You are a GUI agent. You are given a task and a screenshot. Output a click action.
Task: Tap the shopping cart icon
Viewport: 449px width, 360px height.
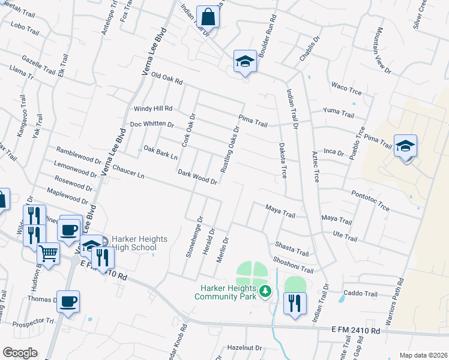[49, 253]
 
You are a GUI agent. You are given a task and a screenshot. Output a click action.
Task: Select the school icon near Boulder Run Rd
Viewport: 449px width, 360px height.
[245, 61]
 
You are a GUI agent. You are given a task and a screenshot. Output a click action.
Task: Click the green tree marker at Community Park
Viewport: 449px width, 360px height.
[265, 292]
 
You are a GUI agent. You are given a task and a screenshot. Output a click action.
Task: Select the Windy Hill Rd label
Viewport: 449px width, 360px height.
[153, 109]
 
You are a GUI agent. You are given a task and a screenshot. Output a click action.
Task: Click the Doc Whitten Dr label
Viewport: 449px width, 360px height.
[152, 125]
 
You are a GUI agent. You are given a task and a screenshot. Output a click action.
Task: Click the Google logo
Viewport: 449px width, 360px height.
[19, 353]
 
